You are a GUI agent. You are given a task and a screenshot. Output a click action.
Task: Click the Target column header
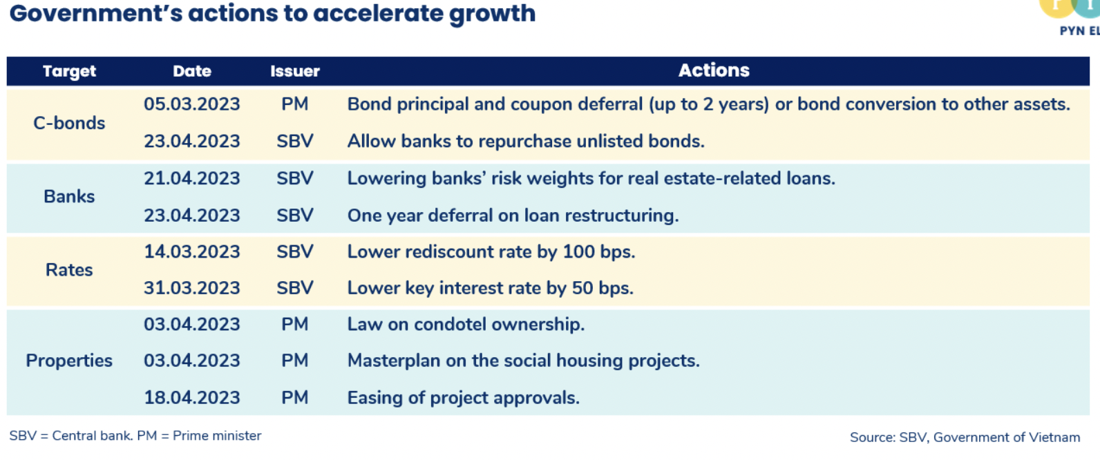coord(69,72)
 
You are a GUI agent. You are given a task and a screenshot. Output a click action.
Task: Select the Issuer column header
coord(294,72)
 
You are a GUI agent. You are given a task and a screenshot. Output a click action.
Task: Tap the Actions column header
coord(714,70)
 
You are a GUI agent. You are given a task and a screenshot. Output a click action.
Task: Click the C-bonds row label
coord(69,123)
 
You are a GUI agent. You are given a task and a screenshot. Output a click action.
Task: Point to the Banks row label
coord(69,196)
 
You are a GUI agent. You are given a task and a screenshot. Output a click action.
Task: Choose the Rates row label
coord(69,270)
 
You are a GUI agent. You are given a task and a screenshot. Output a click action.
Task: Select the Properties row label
coord(69,361)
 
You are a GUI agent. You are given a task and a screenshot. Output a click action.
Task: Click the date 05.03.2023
coord(192,104)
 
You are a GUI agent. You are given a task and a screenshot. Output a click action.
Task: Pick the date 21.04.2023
coord(192,178)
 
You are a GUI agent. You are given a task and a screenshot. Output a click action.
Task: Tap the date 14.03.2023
coord(192,252)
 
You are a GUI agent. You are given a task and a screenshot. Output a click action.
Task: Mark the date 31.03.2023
coord(192,288)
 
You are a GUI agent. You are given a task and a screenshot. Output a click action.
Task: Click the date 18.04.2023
coord(192,398)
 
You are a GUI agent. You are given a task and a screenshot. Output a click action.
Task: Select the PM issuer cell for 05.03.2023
coord(294,104)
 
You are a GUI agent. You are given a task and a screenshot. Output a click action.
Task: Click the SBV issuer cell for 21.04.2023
coord(294,178)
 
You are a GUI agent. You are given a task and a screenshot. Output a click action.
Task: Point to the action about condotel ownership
coord(466,325)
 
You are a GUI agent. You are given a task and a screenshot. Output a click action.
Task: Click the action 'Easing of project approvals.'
coord(464,398)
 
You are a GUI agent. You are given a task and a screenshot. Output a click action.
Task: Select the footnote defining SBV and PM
coord(135,436)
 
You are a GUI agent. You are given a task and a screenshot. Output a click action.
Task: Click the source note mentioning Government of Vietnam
coord(965,437)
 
